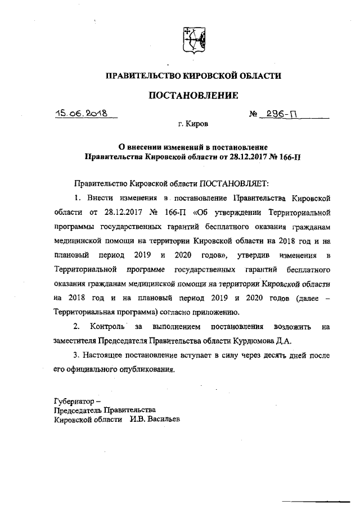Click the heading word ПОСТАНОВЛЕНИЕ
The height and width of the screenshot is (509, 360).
pos(193,96)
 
